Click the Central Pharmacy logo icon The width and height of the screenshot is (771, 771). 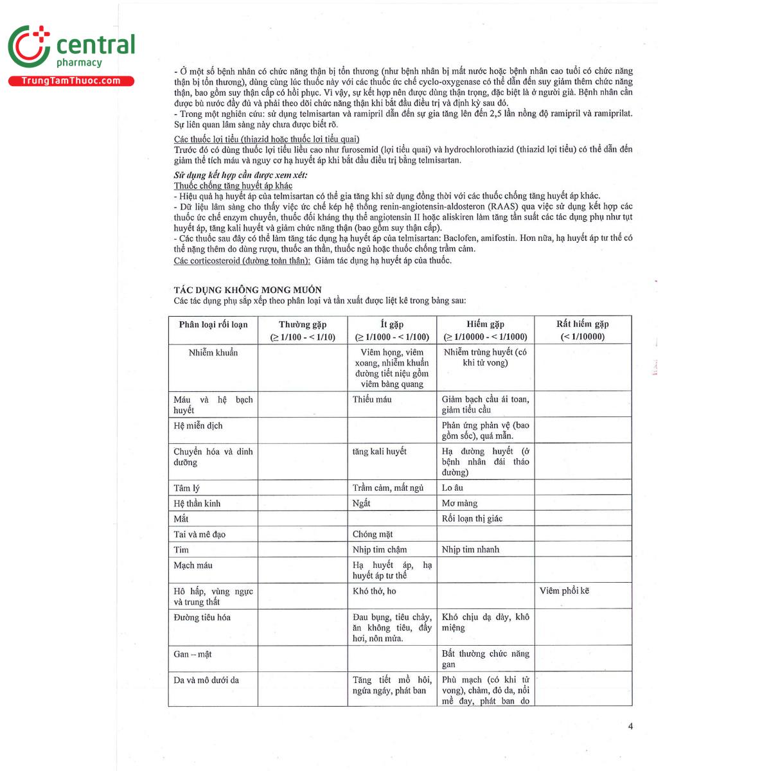[x=29, y=46]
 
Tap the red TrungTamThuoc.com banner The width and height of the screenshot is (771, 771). [x=71, y=81]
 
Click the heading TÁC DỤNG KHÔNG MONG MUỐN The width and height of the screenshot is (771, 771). [x=247, y=290]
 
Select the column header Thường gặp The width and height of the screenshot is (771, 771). [x=303, y=324]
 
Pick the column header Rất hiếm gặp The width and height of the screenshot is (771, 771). [x=582, y=324]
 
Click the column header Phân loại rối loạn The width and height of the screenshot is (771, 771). [x=213, y=324]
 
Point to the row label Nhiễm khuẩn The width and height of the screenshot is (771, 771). [x=213, y=353]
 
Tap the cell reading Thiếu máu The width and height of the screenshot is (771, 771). [x=372, y=400]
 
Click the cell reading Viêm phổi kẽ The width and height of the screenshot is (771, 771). [x=564, y=591]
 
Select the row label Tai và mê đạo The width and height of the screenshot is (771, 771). [x=199, y=535]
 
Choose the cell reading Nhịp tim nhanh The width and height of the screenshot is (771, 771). [x=470, y=550]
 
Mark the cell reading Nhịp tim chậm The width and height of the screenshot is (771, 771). [x=380, y=550]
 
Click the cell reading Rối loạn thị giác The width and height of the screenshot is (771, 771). [x=472, y=519]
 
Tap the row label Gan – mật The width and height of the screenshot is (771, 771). [x=193, y=655]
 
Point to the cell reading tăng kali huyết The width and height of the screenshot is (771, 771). [x=380, y=452]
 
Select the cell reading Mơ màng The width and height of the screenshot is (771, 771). [x=459, y=504]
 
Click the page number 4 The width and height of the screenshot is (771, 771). [x=630, y=727]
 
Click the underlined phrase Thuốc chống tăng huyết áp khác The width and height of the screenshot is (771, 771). [x=233, y=186]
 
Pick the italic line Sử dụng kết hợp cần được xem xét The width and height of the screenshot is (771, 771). [x=241, y=175]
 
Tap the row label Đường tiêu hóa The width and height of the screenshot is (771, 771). [x=202, y=617]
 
